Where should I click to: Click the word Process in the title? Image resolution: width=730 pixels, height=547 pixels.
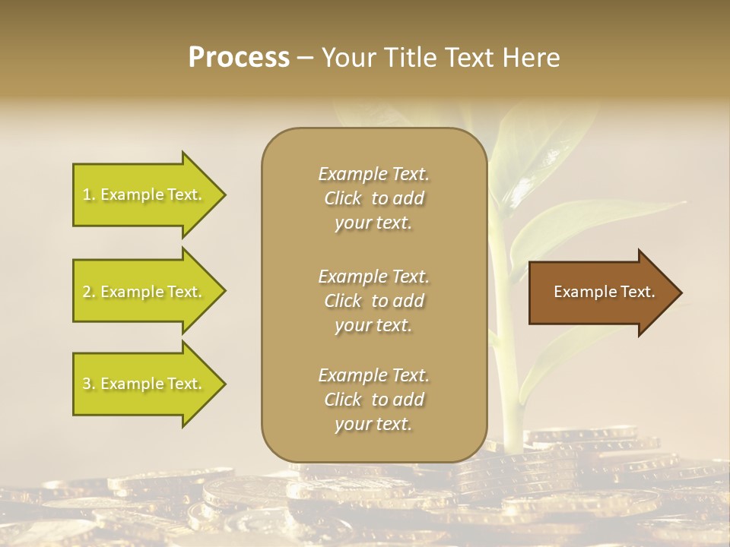tap(239, 58)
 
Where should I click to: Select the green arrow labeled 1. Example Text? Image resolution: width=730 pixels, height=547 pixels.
tap(144, 194)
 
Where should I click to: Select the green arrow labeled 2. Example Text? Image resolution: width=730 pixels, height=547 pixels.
tap(144, 292)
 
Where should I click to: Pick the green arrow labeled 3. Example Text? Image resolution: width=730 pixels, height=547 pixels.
tap(144, 384)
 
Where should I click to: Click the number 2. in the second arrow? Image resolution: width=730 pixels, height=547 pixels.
tap(89, 292)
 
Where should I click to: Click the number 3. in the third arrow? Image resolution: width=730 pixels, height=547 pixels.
tap(89, 384)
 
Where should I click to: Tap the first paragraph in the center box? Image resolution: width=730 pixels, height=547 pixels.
tap(373, 198)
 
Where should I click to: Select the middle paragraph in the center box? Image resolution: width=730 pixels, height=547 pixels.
tap(373, 301)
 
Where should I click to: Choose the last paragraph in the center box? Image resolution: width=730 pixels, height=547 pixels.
tap(373, 400)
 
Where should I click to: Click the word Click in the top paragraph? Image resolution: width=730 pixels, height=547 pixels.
tap(343, 199)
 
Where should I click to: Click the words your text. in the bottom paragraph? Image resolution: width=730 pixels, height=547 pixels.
tap(373, 425)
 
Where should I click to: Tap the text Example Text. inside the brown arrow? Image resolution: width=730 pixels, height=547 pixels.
tap(604, 292)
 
